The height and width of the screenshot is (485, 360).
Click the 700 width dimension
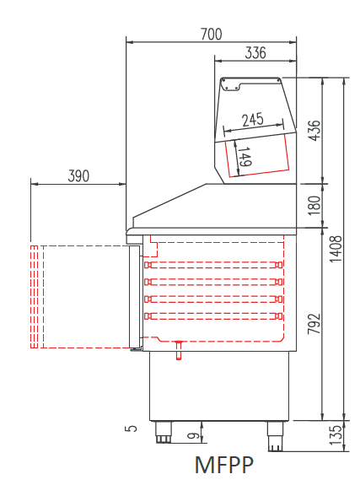[x=212, y=34]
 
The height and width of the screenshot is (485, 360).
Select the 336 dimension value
[x=255, y=52]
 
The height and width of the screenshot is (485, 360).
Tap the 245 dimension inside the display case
[x=253, y=120]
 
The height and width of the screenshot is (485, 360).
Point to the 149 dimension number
[x=245, y=156]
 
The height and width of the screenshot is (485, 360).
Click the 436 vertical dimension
[x=314, y=130]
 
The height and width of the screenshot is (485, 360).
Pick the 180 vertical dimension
[x=314, y=205]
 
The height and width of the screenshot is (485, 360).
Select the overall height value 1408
[x=336, y=249]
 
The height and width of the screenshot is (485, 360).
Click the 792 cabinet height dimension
[x=314, y=324]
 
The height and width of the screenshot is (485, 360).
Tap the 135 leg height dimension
[x=336, y=435]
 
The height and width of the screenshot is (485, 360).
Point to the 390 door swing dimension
[x=78, y=175]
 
